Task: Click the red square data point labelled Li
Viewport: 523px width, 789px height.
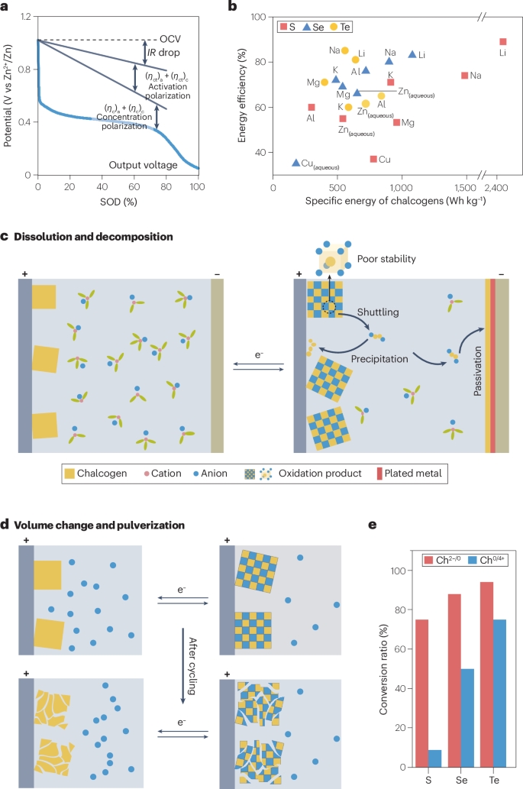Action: (502, 42)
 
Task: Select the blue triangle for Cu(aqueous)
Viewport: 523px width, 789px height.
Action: (296, 163)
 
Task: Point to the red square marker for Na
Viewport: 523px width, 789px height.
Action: (464, 75)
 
